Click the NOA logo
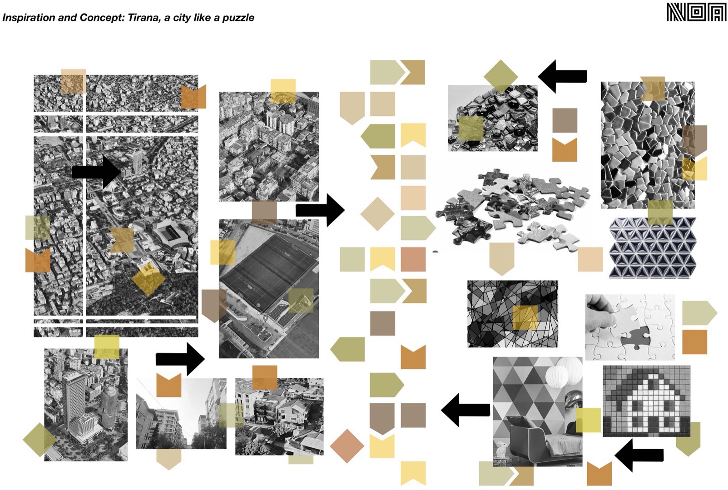(696, 12)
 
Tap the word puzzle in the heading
(238, 18)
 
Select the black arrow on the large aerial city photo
(97, 172)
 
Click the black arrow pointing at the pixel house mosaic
(639, 455)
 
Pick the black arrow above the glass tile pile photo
(562, 76)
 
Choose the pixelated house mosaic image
(646, 401)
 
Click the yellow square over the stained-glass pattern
(525, 317)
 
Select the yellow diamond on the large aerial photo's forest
(149, 278)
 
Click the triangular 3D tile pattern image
(653, 247)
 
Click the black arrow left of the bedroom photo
(466, 410)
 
